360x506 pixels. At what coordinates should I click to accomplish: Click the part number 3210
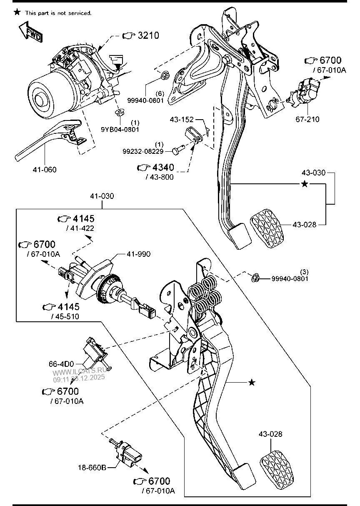[x=148, y=35]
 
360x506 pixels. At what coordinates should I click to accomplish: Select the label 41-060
[x=45, y=170]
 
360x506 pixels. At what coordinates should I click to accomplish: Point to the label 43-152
[x=182, y=120]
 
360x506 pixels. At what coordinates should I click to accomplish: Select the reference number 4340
[x=163, y=168]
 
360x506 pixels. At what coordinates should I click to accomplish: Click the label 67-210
[x=307, y=120]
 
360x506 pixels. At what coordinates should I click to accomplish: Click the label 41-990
[x=138, y=254]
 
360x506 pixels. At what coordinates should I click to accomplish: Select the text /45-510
[x=65, y=316]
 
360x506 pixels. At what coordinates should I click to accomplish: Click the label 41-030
[x=102, y=196]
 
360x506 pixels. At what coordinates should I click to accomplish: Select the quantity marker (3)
[x=305, y=272]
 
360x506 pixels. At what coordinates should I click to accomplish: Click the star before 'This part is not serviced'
[x=17, y=13]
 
